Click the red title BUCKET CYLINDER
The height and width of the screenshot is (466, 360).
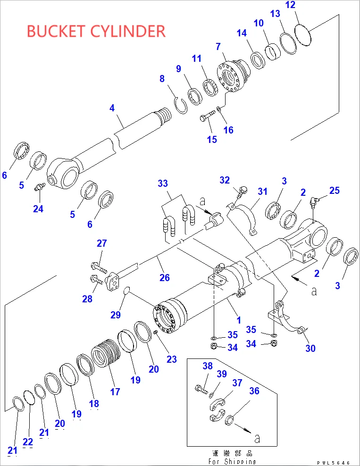pyautogui.click(x=96, y=31)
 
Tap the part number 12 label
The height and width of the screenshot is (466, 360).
pyautogui.click(x=291, y=6)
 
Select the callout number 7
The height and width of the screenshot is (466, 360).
pyautogui.click(x=218, y=47)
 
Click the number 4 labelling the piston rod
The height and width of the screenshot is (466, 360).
pyautogui.click(x=112, y=108)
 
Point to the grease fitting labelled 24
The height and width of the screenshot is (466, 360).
pyautogui.click(x=39, y=188)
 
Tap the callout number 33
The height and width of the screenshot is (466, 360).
pyautogui.click(x=163, y=183)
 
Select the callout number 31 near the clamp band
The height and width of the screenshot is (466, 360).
pyautogui.click(x=262, y=191)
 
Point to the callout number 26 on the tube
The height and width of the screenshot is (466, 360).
pyautogui.click(x=164, y=277)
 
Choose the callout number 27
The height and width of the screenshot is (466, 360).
pyautogui.click(x=102, y=243)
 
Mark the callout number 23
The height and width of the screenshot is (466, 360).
pyautogui.click(x=171, y=359)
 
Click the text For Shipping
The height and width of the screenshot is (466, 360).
pyautogui.click(x=232, y=462)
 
